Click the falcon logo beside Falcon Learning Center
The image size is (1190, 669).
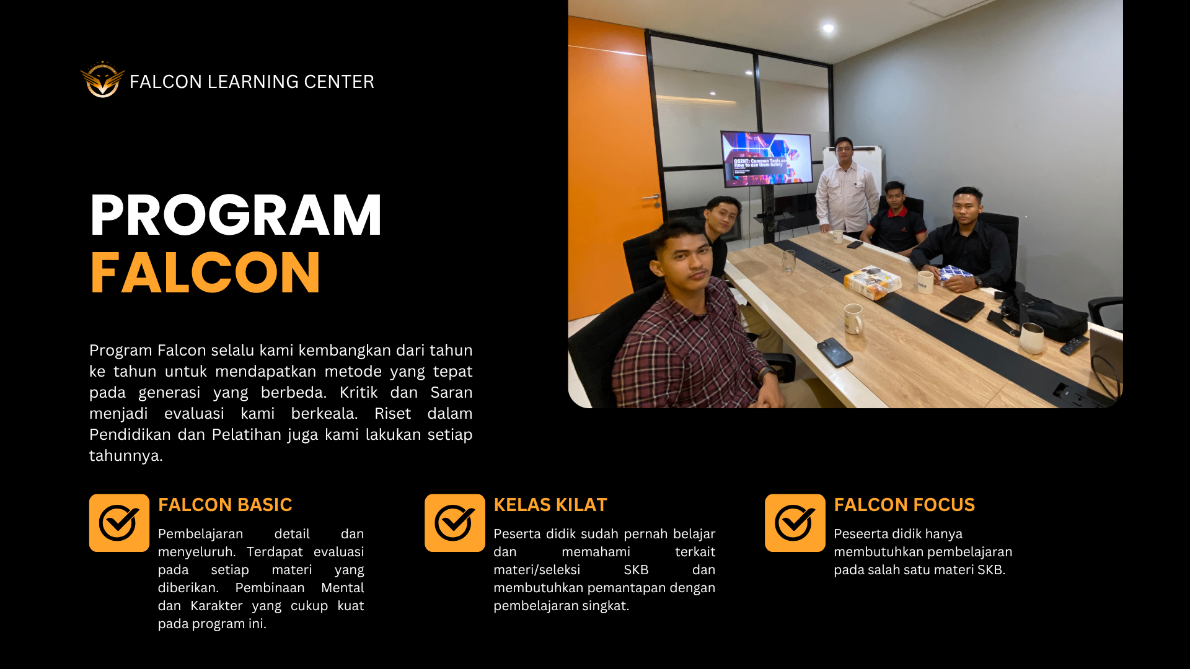(x=102, y=79)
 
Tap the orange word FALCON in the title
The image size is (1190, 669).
(x=205, y=273)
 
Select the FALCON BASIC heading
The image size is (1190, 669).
(x=225, y=505)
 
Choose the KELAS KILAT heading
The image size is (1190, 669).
(x=550, y=505)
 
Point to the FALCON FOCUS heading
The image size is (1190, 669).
(x=904, y=505)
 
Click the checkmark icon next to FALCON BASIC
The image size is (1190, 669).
(x=119, y=523)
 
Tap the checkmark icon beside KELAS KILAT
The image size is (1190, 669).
(x=455, y=523)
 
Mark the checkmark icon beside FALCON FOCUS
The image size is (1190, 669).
(x=795, y=523)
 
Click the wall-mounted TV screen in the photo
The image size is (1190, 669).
(x=767, y=159)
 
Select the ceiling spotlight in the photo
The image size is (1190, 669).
(x=828, y=28)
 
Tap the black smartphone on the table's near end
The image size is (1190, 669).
(x=835, y=352)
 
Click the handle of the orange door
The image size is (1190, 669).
(x=651, y=198)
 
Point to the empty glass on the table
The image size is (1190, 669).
(x=788, y=261)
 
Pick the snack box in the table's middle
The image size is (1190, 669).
(x=873, y=282)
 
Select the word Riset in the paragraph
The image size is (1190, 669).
(x=392, y=413)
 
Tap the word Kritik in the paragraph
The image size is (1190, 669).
(x=359, y=392)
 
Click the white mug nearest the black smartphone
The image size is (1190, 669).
(x=853, y=318)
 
